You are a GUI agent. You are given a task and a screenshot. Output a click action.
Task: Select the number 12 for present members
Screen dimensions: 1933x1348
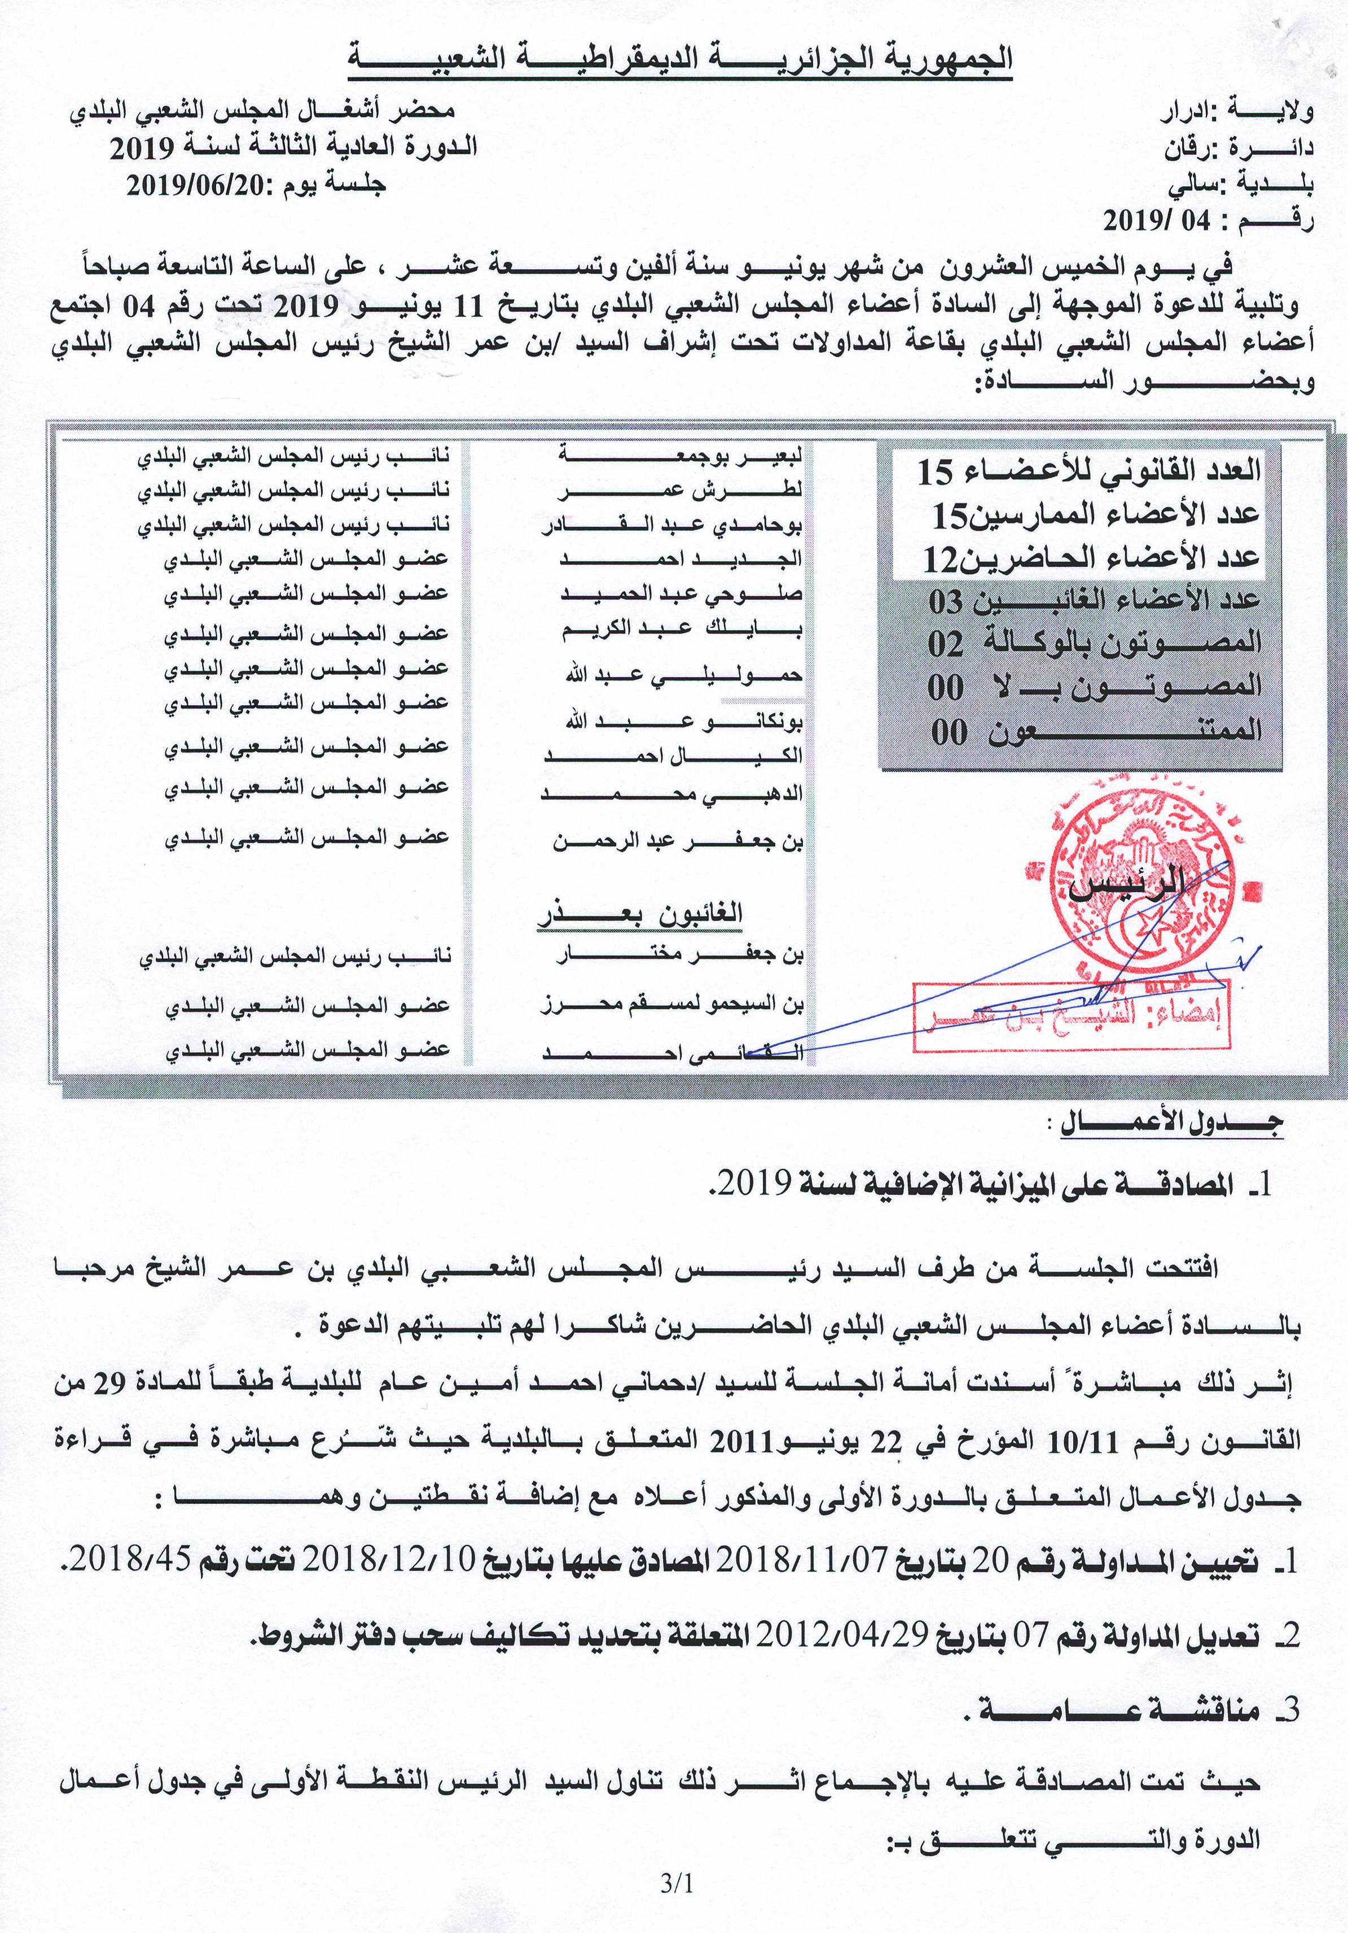coord(941,558)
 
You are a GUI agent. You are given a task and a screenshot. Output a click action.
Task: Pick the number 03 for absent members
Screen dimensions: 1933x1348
coord(946,601)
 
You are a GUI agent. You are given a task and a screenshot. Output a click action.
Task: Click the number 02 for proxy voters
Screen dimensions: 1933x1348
coord(946,644)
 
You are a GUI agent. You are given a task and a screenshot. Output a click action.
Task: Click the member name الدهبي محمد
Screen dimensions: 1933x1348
coord(671,793)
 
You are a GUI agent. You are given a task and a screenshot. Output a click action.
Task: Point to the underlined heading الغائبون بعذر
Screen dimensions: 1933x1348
coord(640,914)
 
